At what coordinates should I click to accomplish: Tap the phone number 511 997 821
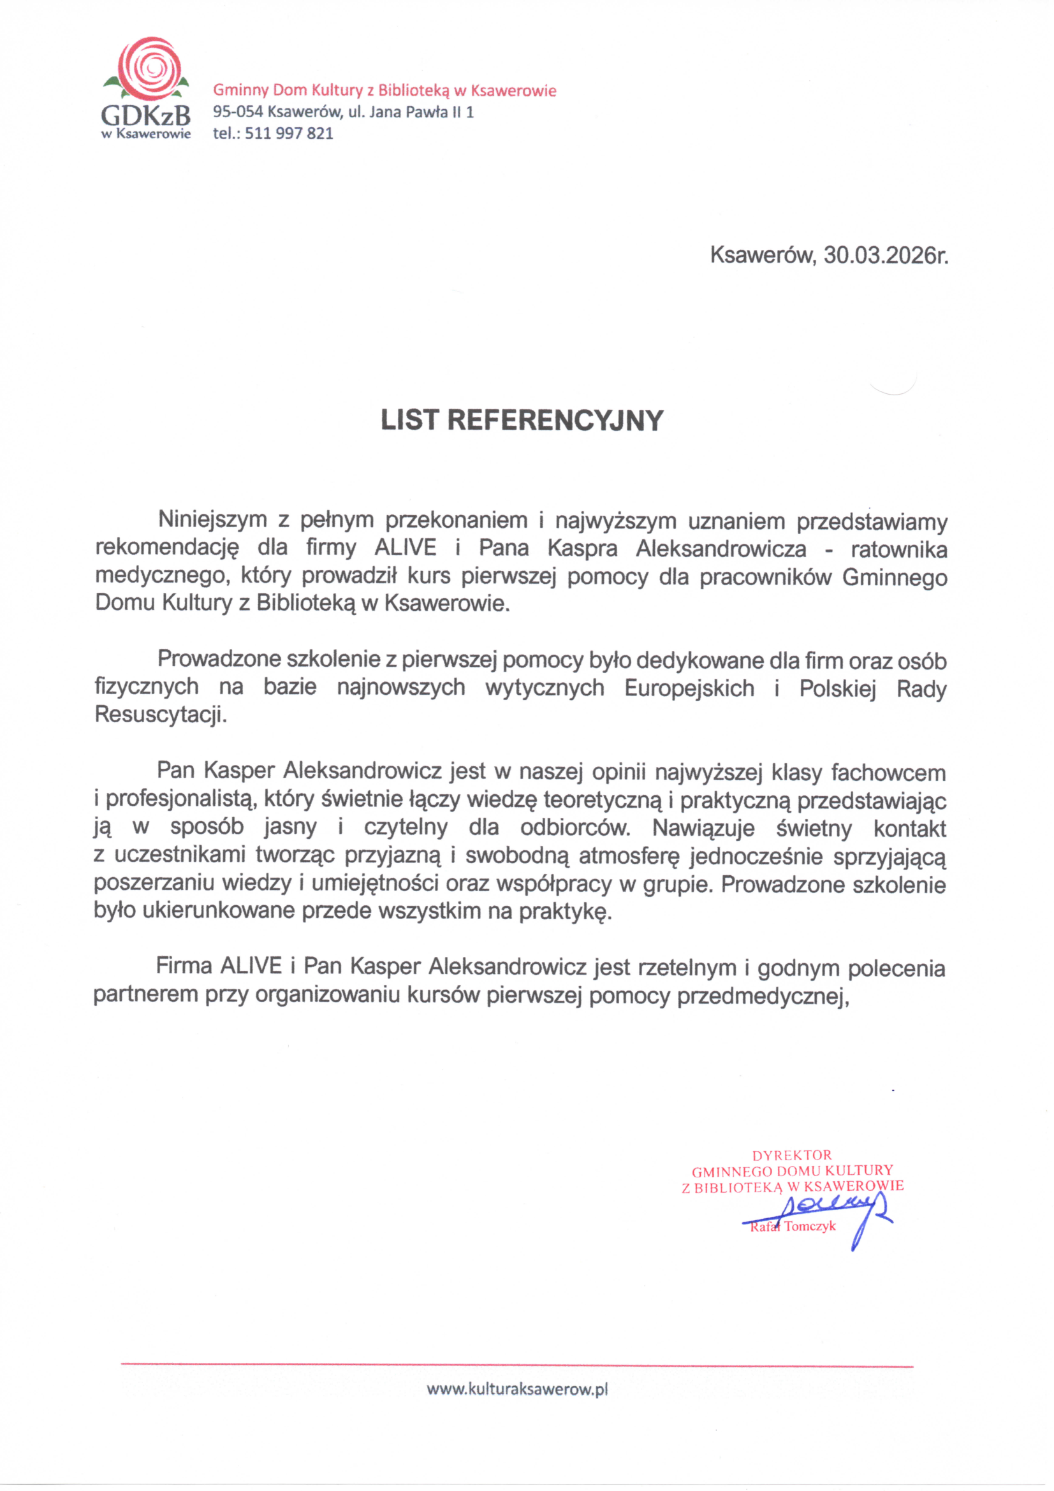pos(289,134)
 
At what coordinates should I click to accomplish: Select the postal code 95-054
pos(238,112)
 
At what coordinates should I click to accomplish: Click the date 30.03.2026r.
pos(886,255)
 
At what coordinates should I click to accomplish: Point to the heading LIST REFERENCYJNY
pos(522,421)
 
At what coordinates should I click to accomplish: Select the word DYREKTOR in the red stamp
pos(792,1155)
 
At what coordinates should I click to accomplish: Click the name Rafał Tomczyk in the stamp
pos(793,1226)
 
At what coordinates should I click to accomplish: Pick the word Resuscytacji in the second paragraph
pos(161,715)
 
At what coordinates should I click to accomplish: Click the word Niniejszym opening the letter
pos(212,520)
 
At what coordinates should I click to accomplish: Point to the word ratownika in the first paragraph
pos(899,549)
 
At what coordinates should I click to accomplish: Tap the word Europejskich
pos(689,688)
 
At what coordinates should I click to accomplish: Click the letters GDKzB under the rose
pos(146,116)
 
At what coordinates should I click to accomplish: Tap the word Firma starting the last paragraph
pos(184,966)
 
